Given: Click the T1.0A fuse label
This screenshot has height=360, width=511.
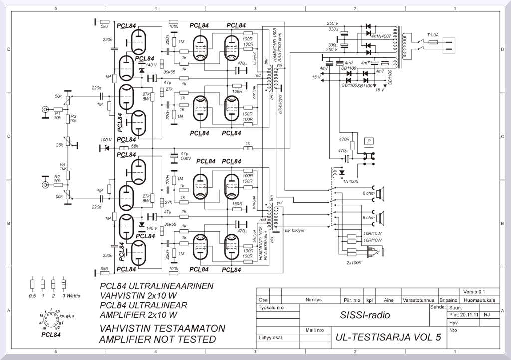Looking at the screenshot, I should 432,35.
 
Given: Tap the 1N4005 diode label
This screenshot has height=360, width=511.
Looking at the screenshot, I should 351,182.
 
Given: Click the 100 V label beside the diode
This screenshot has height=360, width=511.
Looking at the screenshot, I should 106,140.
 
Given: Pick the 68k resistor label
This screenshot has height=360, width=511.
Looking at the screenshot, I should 134,146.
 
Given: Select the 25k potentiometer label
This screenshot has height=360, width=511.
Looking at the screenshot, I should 59,145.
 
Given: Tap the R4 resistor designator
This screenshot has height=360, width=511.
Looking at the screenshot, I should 63,164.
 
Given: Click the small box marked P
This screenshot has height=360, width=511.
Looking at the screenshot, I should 369,141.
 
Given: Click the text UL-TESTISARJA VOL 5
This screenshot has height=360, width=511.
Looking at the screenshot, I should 389,337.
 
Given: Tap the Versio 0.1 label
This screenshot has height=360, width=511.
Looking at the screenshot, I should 474,292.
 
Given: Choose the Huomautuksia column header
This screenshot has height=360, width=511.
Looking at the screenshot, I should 479,300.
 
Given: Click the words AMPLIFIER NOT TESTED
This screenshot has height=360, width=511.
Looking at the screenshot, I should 158,340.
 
